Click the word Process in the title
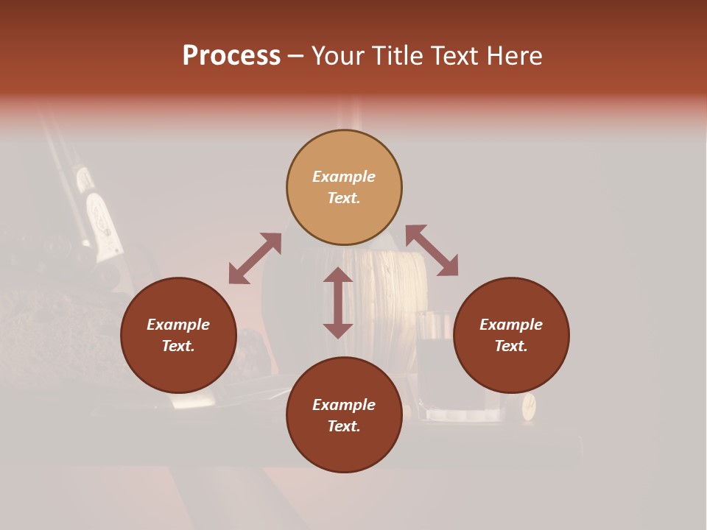click(231, 56)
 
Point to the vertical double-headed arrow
click(338, 303)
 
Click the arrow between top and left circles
click(255, 258)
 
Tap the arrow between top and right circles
click(432, 250)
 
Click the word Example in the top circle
click(344, 177)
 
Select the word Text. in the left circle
click(178, 346)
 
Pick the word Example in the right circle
click(511, 325)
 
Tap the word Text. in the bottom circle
click(344, 426)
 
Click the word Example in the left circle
click(178, 325)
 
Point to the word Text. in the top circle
click(344, 198)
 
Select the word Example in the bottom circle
click(344, 405)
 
